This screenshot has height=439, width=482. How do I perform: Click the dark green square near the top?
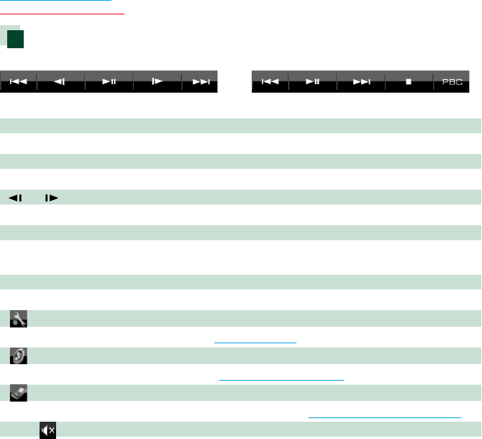pyautogui.click(x=17, y=39)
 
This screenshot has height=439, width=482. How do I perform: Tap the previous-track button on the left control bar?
pyautogui.click(x=18, y=82)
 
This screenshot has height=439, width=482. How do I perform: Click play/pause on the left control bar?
pyautogui.click(x=109, y=82)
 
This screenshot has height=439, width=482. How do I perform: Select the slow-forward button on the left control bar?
pyautogui.click(x=157, y=82)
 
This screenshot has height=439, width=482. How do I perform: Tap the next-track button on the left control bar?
pyautogui.click(x=200, y=82)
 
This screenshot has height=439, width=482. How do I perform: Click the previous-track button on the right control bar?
pyautogui.click(x=270, y=82)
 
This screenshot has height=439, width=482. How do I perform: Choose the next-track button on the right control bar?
pyautogui.click(x=360, y=82)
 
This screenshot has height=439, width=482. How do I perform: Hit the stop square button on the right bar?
pyautogui.click(x=409, y=82)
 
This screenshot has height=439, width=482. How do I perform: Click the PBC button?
pyautogui.click(x=453, y=82)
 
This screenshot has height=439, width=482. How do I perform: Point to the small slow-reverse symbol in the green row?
pyautogui.click(x=15, y=196)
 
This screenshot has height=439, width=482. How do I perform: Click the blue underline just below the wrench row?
pyautogui.click(x=255, y=343)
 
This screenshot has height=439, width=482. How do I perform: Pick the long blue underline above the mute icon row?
pyautogui.click(x=384, y=417)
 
